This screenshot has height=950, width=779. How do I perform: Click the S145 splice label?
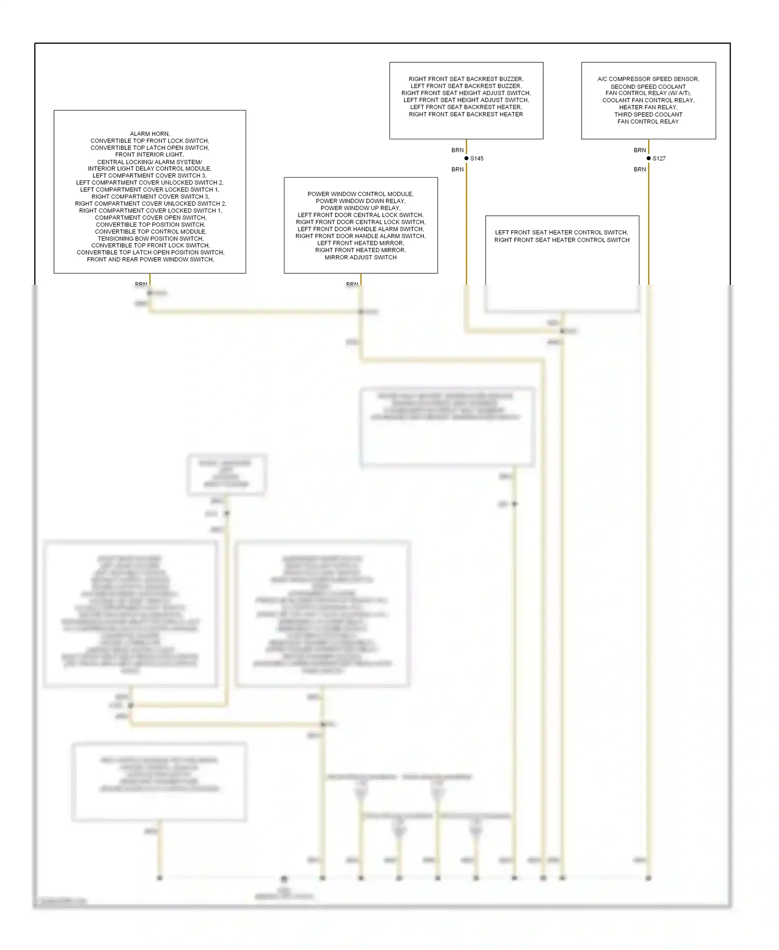point(477,159)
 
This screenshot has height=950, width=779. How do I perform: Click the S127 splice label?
point(659,159)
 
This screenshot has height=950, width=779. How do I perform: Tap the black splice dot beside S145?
point(466,158)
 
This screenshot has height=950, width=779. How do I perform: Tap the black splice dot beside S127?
point(649,158)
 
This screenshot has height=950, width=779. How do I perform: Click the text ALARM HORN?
point(150,134)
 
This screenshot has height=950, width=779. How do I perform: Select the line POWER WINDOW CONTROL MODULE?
point(360,194)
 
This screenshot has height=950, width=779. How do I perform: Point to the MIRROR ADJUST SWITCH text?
point(360,257)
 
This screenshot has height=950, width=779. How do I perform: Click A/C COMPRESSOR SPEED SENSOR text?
point(648,79)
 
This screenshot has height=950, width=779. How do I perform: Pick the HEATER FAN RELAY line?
point(648,107)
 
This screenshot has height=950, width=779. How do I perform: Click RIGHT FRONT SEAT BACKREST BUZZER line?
point(466,79)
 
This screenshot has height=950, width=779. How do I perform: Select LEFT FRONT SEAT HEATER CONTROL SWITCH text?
point(561,232)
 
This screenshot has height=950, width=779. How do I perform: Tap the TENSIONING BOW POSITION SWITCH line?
point(150,239)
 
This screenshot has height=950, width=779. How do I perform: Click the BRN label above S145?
point(458,150)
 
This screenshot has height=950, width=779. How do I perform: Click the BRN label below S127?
point(640,169)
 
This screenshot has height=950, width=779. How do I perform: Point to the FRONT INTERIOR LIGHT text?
point(150,154)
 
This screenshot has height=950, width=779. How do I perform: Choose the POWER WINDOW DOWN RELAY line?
point(360,201)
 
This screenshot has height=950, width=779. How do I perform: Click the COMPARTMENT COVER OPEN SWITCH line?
point(150,218)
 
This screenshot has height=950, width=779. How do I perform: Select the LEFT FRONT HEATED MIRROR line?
point(360,243)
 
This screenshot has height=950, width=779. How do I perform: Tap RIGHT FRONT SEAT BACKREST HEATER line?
point(466,114)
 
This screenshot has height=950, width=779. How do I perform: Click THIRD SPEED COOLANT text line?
point(648,114)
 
